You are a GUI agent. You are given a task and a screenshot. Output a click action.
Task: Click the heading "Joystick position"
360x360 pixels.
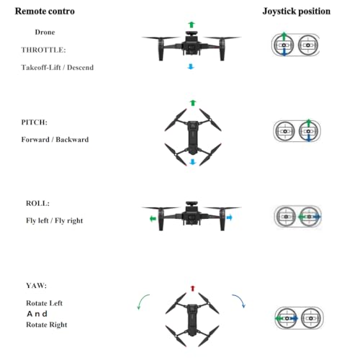(297, 12)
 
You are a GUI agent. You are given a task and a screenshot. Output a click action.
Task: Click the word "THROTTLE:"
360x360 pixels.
(43, 50)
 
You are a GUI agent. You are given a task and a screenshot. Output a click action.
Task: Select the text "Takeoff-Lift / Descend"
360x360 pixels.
(58, 68)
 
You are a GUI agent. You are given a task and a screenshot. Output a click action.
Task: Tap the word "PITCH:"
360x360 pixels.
(35, 122)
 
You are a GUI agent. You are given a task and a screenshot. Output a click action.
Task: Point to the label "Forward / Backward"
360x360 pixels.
(55, 140)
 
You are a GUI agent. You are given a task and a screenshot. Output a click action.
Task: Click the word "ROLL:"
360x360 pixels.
(37, 203)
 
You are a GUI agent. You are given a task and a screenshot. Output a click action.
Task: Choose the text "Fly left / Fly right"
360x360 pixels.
(55, 220)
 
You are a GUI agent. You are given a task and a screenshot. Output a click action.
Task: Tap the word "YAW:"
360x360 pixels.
(36, 286)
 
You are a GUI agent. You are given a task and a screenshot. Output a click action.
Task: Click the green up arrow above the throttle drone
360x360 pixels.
(192, 24)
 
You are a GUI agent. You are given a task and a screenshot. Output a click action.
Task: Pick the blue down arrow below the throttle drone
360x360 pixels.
(191, 66)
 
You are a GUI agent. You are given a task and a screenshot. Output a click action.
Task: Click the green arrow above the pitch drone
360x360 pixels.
(193, 103)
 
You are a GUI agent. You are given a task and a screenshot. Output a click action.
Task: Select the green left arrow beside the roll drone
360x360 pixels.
(153, 219)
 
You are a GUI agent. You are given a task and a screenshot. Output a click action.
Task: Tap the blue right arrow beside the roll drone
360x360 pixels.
(230, 217)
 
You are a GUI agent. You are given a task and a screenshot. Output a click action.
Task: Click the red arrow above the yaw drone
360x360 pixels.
(192, 288)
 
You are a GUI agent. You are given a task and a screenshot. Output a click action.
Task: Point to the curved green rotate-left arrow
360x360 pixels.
(141, 300)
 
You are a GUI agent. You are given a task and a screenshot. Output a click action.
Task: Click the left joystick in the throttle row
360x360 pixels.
(284, 45)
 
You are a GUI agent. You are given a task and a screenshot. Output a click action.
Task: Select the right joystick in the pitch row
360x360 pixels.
(309, 131)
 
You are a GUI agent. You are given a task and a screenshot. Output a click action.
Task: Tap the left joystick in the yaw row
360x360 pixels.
(287, 318)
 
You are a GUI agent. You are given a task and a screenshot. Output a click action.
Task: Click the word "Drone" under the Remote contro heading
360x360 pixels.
(45, 32)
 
